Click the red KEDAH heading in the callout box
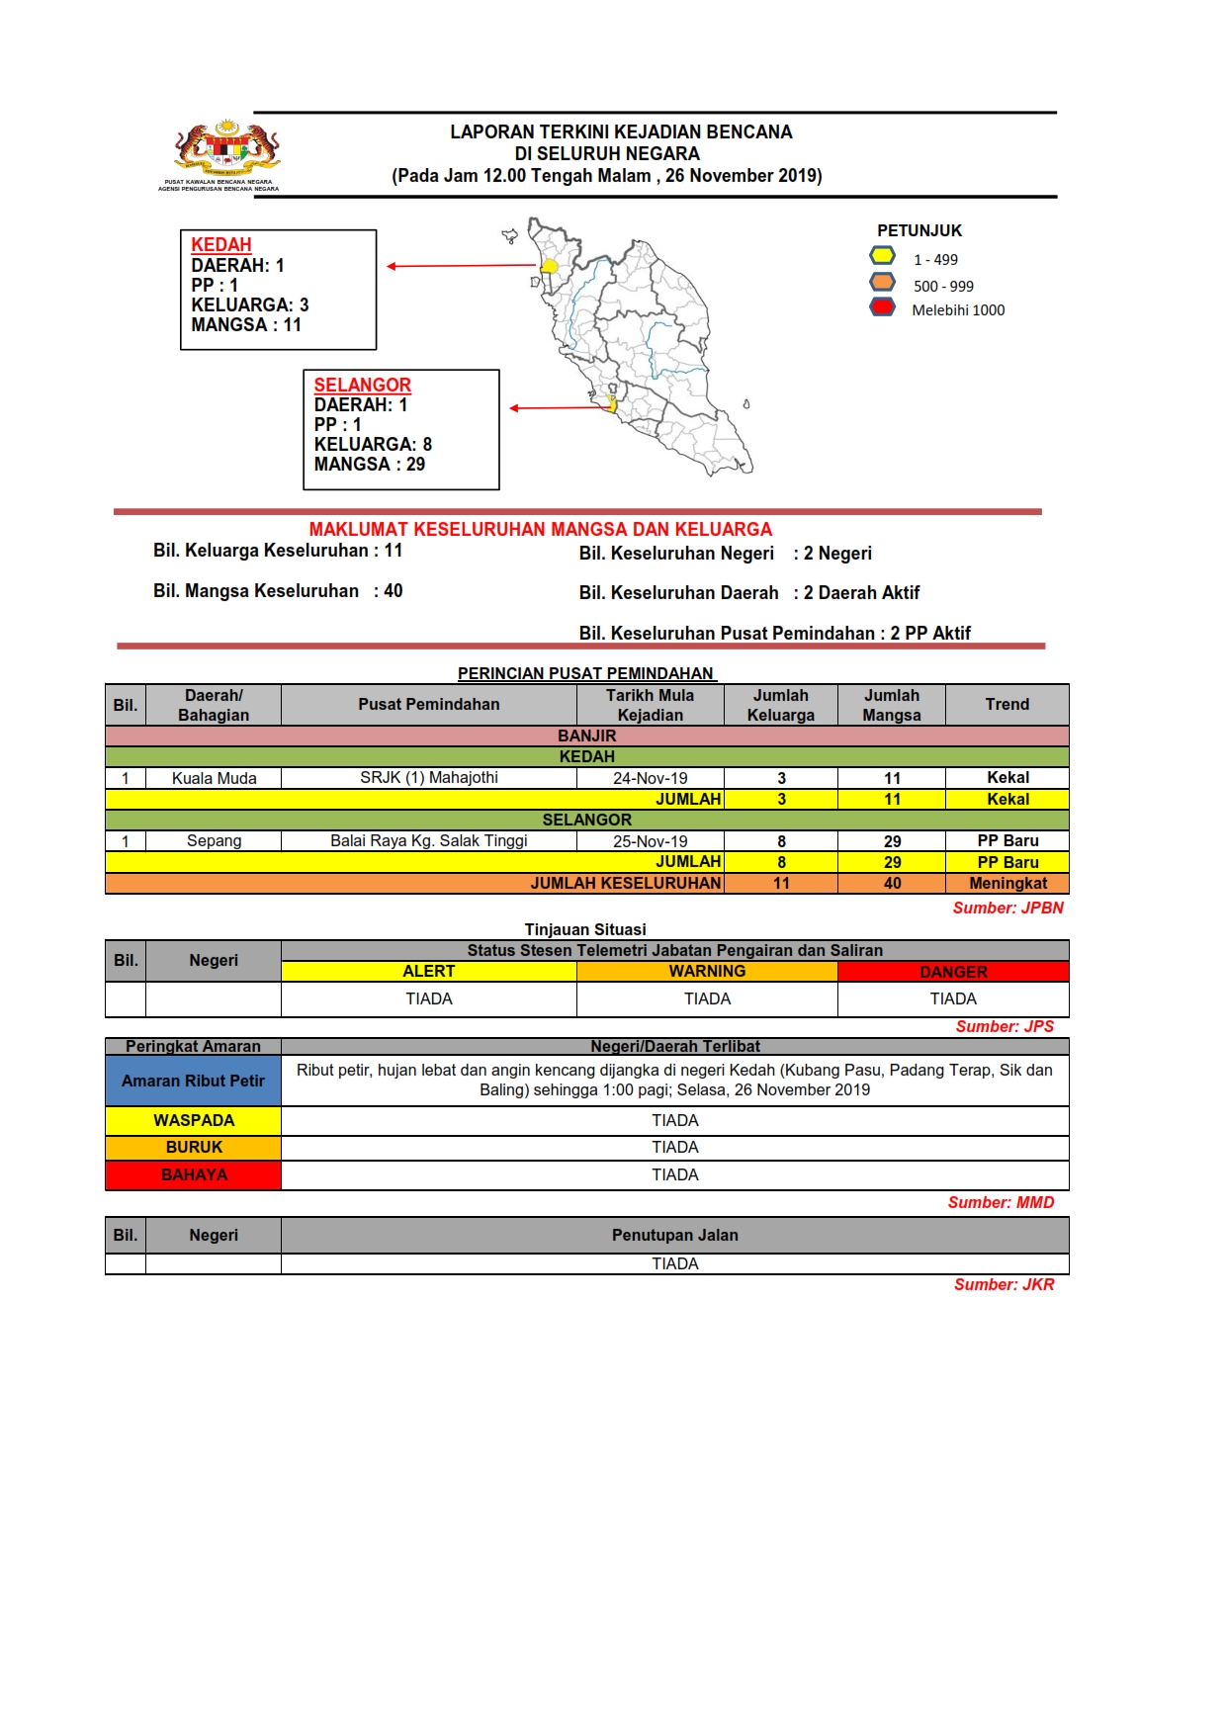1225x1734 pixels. (221, 244)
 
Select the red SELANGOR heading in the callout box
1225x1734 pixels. (362, 385)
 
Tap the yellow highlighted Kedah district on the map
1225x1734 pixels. (550, 266)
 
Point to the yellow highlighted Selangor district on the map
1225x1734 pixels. (612, 404)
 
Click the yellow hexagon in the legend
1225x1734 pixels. (882, 256)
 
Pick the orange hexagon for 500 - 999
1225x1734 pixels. (882, 282)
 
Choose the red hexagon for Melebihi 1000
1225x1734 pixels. (882, 306)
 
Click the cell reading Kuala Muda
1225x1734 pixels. (214, 778)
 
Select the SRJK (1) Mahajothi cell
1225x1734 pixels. (428, 778)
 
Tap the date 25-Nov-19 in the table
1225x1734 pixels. (650, 841)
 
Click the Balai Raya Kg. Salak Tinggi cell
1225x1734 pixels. (428, 841)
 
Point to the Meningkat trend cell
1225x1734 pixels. (1006, 883)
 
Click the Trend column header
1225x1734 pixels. (1006, 704)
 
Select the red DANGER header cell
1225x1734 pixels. (953, 972)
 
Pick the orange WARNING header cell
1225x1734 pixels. (707, 972)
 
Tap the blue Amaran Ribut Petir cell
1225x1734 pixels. (193, 1081)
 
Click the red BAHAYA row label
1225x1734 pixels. (194, 1174)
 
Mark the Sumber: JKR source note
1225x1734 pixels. (1004, 1284)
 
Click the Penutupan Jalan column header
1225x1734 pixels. (674, 1235)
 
